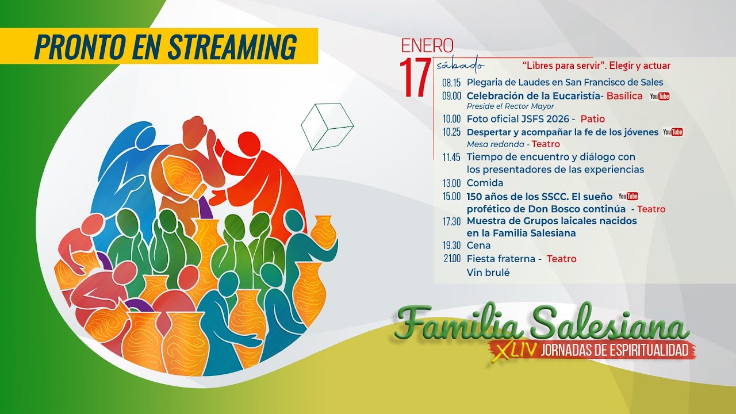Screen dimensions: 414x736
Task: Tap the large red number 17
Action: pyautogui.click(x=415, y=78)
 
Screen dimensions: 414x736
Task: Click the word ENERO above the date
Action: pyautogui.click(x=427, y=45)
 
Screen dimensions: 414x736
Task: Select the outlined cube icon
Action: pyautogui.click(x=327, y=126)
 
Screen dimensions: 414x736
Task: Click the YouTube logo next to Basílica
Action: pyautogui.click(x=660, y=97)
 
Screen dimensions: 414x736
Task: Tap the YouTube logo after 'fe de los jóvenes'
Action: pyautogui.click(x=673, y=132)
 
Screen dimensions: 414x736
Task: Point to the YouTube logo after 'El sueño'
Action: pyautogui.click(x=628, y=197)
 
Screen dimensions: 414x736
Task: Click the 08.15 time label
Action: pyautogui.click(x=451, y=83)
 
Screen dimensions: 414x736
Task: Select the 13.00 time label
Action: pyautogui.click(x=451, y=183)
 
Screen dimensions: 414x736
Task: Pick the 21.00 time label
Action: pyautogui.click(x=452, y=259)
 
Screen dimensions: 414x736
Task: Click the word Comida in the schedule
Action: pyautogui.click(x=485, y=183)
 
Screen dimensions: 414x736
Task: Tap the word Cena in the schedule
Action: pyautogui.click(x=478, y=246)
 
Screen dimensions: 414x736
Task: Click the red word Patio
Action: pyautogui.click(x=592, y=119)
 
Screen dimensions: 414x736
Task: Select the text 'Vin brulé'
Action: pyautogui.click(x=488, y=273)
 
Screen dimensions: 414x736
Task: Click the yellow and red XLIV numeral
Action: pyautogui.click(x=512, y=350)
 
